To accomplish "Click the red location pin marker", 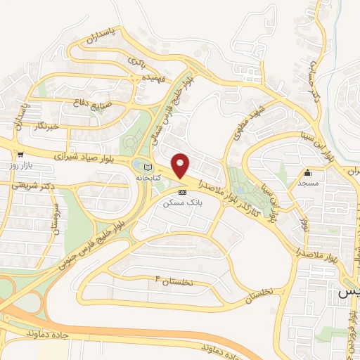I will coord(181,166).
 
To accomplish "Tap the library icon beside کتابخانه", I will coord(147,167).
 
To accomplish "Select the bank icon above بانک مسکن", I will coord(182,191).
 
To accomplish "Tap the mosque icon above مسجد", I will coord(307,173).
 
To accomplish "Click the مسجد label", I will coord(307,183).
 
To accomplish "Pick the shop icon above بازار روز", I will coord(21,155).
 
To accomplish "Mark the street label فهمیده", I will coord(153,77).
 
